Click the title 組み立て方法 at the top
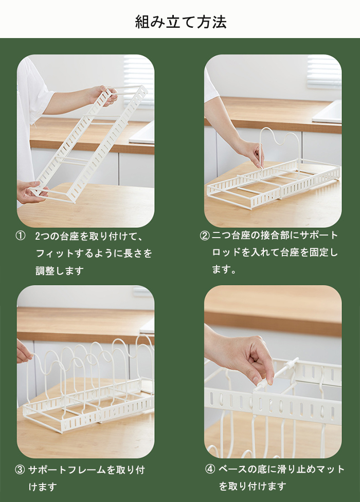tap(181, 22)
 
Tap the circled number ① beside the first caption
tap(20, 236)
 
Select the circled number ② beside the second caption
tap(205, 236)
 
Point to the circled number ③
tap(20, 470)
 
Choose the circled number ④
tap(210, 470)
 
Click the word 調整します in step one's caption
tap(60, 271)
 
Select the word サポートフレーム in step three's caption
tap(67, 470)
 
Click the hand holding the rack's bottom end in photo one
tap(30, 192)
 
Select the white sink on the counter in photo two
tap(327, 112)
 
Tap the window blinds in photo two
tap(324, 73)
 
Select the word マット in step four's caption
tap(329, 470)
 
